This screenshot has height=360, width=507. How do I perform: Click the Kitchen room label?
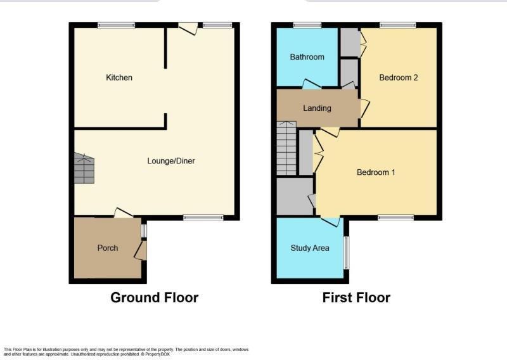[119, 78]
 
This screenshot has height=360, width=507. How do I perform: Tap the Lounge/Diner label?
[171, 161]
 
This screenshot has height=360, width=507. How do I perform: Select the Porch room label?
[108, 248]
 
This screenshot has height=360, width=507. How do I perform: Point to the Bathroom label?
[307, 57]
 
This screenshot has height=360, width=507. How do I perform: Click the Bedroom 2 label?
[399, 78]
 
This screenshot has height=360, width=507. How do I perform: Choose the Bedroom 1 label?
[376, 172]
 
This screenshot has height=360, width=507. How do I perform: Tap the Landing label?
[317, 108]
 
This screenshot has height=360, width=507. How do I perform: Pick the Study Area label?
[310, 248]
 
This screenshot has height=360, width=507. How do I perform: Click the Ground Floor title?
[154, 297]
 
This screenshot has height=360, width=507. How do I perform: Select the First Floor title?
[356, 297]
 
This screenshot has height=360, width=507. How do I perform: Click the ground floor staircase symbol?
[84, 169]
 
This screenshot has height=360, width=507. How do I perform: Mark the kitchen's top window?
[116, 25]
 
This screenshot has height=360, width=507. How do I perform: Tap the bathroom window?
[307, 25]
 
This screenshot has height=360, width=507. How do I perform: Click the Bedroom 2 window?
[397, 25]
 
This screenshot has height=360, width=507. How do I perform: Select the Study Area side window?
[346, 252]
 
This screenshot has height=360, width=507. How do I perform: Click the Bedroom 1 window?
[395, 218]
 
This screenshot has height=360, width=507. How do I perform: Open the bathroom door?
[311, 84]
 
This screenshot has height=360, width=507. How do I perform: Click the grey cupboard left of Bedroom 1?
[295, 196]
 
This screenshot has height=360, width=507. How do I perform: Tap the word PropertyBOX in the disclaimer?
[157, 354]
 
